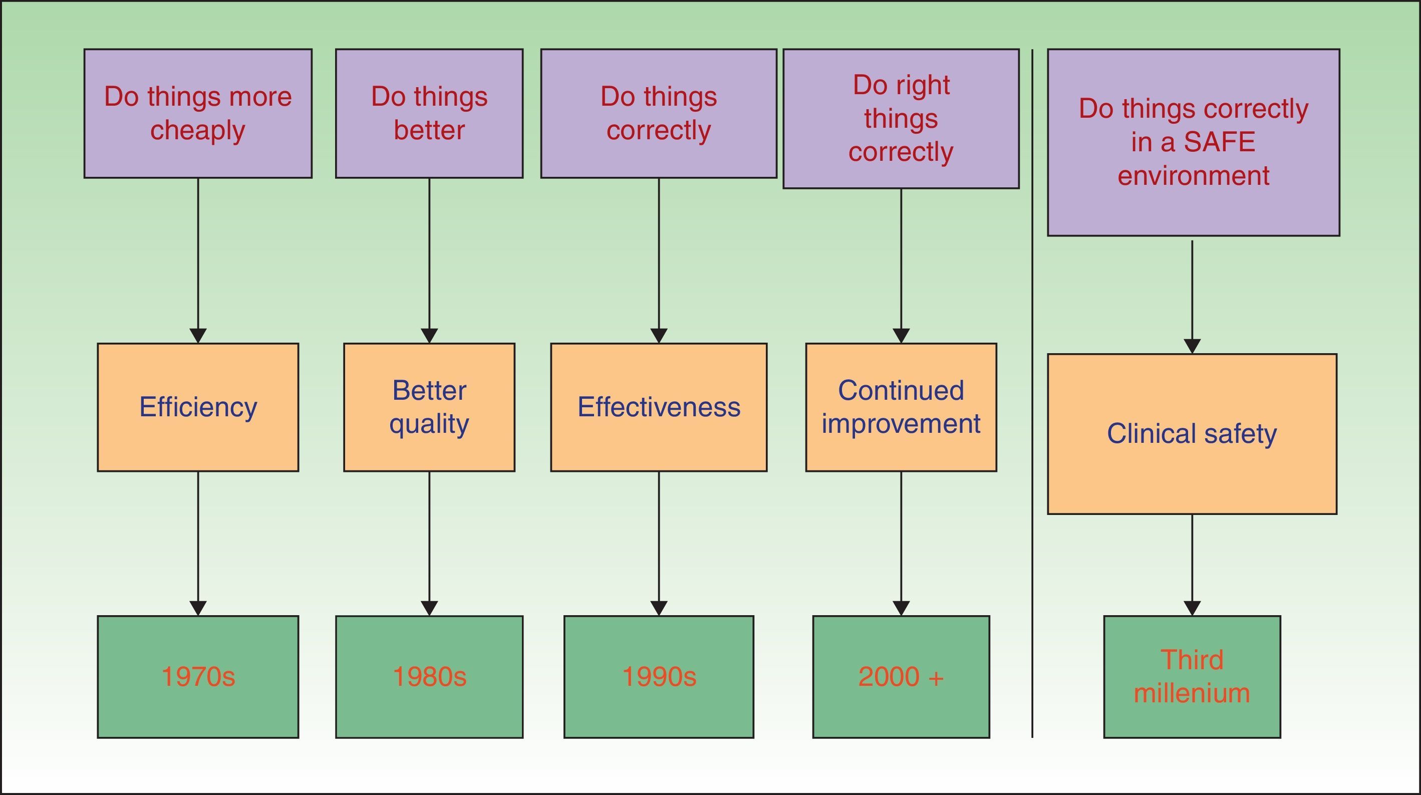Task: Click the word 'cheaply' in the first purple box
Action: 197,131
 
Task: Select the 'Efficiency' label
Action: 198,407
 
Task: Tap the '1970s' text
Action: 198,676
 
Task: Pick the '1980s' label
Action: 429,676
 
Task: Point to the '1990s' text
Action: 659,676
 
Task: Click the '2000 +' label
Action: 901,676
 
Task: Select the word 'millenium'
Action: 1192,693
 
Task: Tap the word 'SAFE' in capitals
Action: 1219,142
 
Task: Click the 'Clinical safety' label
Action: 1192,434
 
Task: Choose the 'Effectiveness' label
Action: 659,407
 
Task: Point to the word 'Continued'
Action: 901,391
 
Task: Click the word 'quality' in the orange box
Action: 429,424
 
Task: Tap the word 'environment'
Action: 1193,175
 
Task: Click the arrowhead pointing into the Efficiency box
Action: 198,336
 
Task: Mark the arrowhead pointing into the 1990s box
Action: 659,608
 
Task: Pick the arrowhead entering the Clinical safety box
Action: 1192,346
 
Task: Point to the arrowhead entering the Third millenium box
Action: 1192,608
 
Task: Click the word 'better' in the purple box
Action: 429,131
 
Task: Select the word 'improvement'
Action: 901,424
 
